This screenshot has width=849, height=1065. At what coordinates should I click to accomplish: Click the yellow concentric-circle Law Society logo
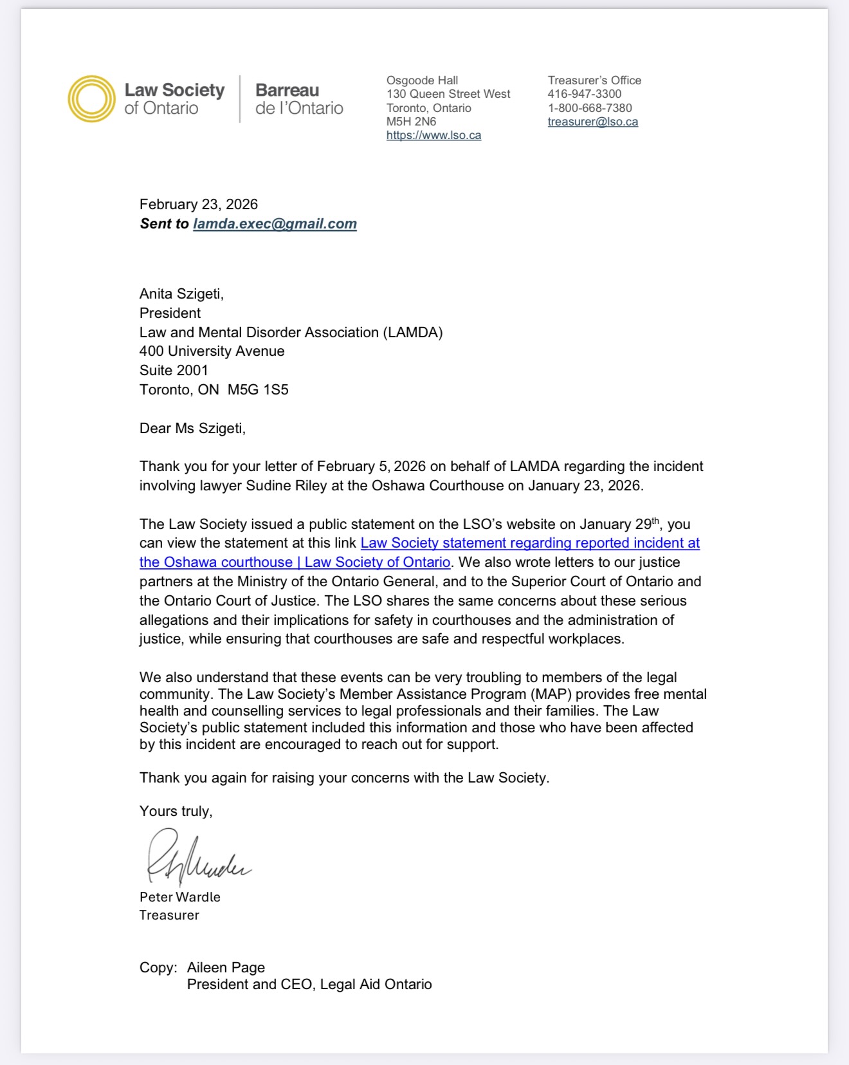pyautogui.click(x=91, y=98)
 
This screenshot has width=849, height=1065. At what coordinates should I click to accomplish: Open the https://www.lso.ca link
pyautogui.click(x=434, y=135)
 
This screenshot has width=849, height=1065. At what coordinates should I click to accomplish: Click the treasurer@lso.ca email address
pyautogui.click(x=592, y=122)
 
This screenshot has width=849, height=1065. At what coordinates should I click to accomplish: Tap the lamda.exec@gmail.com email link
pyautogui.click(x=275, y=224)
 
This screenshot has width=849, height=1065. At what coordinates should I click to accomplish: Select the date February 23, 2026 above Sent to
pyautogui.click(x=198, y=205)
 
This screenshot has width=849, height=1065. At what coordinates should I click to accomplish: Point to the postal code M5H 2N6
pyautogui.click(x=411, y=122)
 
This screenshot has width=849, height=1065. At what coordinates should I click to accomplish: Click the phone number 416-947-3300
pyautogui.click(x=584, y=94)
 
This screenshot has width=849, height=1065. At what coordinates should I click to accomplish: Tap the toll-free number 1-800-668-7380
pyautogui.click(x=589, y=108)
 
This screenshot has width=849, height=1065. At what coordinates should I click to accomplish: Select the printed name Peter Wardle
pyautogui.click(x=179, y=897)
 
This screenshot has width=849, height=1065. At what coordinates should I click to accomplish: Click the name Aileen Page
pyautogui.click(x=226, y=967)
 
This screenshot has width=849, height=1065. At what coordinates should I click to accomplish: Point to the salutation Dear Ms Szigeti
pyautogui.click(x=192, y=429)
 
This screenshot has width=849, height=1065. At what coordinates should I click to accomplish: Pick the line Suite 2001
pyautogui.click(x=174, y=371)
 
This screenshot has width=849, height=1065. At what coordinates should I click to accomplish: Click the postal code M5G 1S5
pyautogui.click(x=258, y=390)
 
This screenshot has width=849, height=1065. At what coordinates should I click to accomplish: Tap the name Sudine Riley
pyautogui.click(x=286, y=486)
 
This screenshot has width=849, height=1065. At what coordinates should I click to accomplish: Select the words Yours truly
pyautogui.click(x=176, y=811)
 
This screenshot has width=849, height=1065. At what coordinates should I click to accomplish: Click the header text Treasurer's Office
pyautogui.click(x=594, y=80)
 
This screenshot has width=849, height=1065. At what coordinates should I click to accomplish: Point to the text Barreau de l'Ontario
pyautogui.click(x=299, y=98)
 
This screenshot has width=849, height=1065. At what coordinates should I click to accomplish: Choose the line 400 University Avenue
pyautogui.click(x=212, y=351)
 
